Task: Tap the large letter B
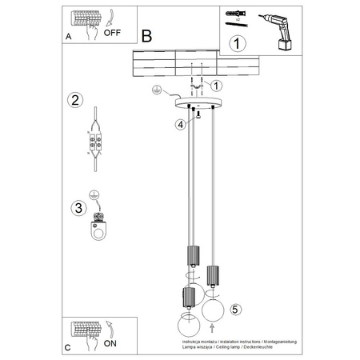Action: (146, 36)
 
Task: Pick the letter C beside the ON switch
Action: (67, 348)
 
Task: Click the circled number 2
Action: (74, 100)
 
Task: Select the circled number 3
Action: (77, 208)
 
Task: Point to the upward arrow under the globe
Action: (212, 327)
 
